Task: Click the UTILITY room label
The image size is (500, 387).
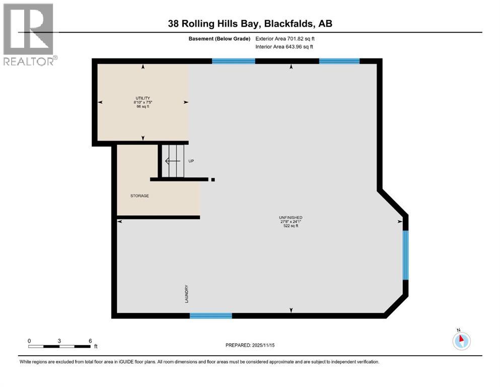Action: (142, 98)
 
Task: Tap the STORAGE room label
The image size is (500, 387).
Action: (139, 196)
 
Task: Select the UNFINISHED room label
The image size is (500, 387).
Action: (291, 218)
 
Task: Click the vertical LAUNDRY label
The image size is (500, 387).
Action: (186, 294)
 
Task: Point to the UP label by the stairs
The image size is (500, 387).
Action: (191, 161)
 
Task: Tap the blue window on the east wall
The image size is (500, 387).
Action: (405, 254)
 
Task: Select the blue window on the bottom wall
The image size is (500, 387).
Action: (210, 316)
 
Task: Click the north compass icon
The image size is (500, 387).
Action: (461, 340)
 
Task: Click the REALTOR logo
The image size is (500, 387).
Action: (29, 34)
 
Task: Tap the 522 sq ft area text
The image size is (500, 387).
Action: (291, 226)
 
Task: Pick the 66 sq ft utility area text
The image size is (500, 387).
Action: (142, 107)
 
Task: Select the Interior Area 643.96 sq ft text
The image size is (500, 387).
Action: (284, 46)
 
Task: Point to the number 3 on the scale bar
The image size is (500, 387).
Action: (59, 341)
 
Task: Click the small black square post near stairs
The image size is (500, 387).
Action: (213, 179)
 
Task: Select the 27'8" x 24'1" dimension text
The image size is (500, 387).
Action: (291, 222)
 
